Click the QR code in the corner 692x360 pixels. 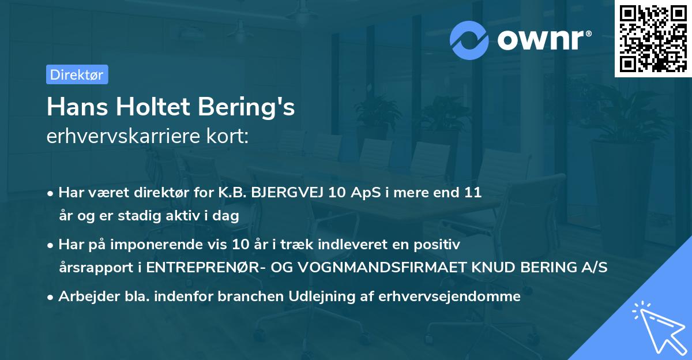coord(653,39)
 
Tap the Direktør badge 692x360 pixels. coord(77,74)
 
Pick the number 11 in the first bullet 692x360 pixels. coord(473,193)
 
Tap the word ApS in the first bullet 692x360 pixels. coord(363,193)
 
